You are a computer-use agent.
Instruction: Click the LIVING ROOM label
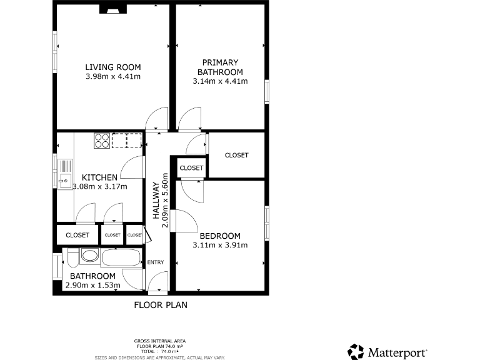(113, 67)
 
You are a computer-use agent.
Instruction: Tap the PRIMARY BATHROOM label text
(220, 67)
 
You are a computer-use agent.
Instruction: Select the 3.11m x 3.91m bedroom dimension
(220, 245)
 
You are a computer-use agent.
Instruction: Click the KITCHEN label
(100, 177)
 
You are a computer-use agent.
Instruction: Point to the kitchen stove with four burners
(102, 141)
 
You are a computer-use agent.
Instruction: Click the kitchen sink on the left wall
(65, 174)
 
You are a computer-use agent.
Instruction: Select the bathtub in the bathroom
(122, 257)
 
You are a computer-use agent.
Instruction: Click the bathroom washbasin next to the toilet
(89, 256)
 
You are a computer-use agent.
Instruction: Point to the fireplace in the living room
(113, 9)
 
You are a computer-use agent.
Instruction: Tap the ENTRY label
(155, 262)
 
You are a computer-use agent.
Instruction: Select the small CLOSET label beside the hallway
(191, 168)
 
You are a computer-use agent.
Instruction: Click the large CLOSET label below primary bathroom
(236, 155)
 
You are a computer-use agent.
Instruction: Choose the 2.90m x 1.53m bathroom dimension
(92, 286)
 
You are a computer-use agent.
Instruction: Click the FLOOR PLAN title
(161, 306)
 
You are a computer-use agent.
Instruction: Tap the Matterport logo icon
(356, 351)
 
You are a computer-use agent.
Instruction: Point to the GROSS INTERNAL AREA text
(159, 341)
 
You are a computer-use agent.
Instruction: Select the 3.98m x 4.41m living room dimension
(113, 77)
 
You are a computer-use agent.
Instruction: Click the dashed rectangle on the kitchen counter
(127, 141)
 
